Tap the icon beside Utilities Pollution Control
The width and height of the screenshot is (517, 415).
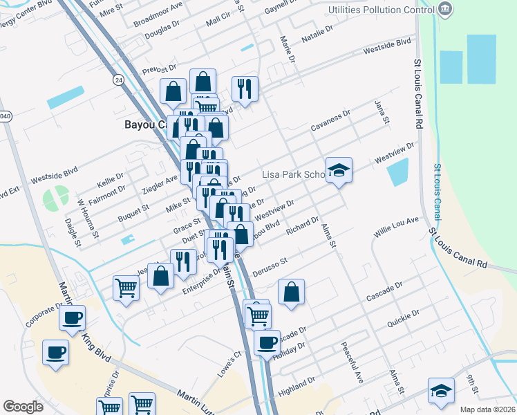point(446,10)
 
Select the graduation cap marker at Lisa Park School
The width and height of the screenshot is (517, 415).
point(339,170)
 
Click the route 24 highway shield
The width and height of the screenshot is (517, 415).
point(120,81)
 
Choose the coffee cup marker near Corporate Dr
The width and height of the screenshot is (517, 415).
point(72,319)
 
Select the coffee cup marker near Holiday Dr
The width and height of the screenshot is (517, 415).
point(266,342)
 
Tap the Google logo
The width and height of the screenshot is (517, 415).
point(23,407)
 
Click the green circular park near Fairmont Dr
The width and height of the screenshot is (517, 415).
point(56,199)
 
